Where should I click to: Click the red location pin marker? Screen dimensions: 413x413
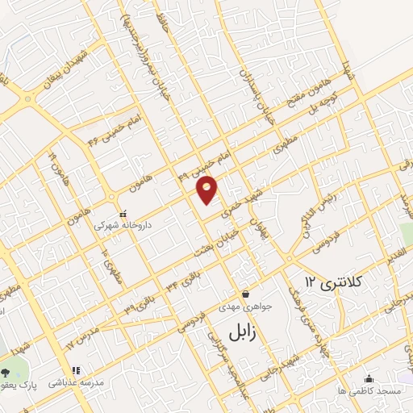(207, 189)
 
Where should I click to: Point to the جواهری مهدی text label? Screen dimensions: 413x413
(244, 307)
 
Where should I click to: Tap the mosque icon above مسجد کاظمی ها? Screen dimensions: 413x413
(369, 378)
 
